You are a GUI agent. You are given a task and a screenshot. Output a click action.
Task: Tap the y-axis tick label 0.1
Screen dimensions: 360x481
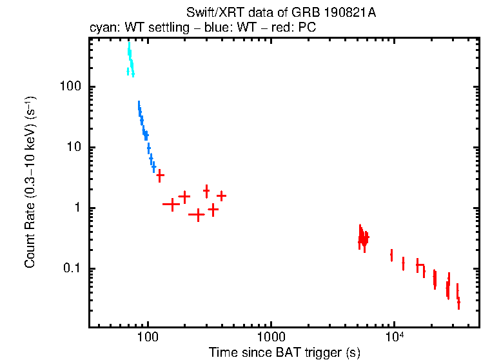pos(72,269)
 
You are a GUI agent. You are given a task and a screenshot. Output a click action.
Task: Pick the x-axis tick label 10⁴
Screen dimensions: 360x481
pos(394,337)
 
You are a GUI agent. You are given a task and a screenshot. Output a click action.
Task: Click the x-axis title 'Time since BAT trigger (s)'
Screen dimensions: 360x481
pos(284,352)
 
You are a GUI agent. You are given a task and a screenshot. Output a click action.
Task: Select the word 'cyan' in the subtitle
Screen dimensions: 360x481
pos(101,29)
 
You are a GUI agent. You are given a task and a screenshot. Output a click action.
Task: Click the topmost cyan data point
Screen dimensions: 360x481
pos(129,48)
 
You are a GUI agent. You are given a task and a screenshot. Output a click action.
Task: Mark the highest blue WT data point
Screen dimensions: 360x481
pos(139,105)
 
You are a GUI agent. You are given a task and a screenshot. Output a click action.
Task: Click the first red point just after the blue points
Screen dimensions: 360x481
pos(160,175)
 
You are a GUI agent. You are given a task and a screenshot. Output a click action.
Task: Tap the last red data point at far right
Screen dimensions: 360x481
pos(458,302)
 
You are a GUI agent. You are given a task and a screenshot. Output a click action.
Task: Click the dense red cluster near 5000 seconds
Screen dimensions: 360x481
pos(364,239)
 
